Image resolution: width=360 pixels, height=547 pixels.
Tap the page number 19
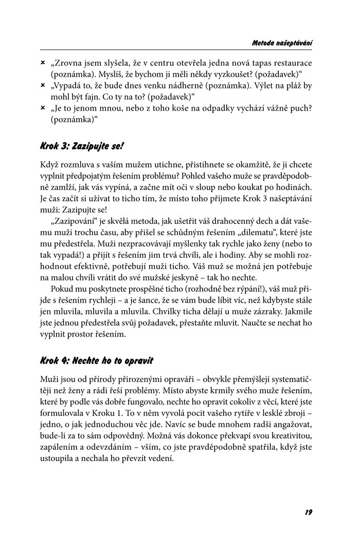pyautogui.click(x=309, y=512)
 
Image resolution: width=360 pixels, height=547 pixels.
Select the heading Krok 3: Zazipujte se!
pyautogui.click(x=82, y=146)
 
